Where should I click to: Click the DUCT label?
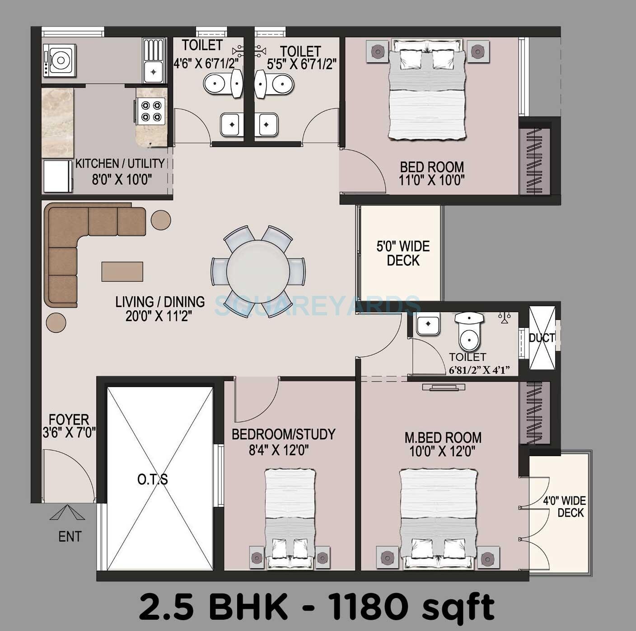click(542, 338)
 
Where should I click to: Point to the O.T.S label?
click(153, 479)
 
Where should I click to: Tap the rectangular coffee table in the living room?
click(122, 271)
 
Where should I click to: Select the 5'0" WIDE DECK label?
click(403, 253)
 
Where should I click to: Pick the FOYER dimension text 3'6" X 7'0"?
click(69, 433)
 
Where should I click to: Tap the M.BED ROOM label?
click(443, 437)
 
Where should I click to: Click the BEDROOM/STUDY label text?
click(283, 434)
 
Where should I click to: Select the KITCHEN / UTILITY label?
click(120, 164)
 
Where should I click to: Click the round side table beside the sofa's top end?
click(161, 220)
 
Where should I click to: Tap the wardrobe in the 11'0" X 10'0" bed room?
click(535, 162)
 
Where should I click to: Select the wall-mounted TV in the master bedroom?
click(444, 387)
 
